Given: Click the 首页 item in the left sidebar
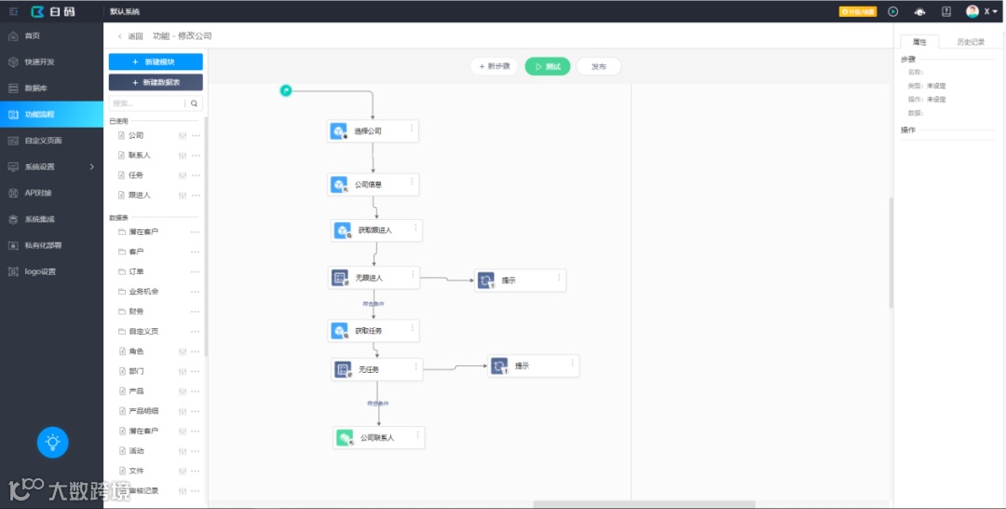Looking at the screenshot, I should click(33, 35).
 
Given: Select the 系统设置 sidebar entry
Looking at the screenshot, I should click(40, 167).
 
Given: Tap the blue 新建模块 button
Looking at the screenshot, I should click(156, 62).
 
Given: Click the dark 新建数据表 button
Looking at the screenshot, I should click(156, 83).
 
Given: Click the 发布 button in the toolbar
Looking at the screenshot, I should click(598, 67).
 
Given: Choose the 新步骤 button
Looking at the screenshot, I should click(494, 67).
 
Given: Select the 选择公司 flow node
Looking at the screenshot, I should click(373, 131).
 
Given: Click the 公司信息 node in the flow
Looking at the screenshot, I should click(373, 185).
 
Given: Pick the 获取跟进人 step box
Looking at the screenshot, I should click(376, 230).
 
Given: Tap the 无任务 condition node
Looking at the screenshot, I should click(376, 370).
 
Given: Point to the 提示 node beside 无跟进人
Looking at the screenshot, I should click(520, 281).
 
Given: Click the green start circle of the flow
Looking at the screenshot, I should click(286, 89).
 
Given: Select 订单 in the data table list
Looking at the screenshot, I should click(136, 271).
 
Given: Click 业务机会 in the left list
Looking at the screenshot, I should click(143, 292).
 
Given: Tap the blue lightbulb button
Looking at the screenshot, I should click(53, 442).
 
